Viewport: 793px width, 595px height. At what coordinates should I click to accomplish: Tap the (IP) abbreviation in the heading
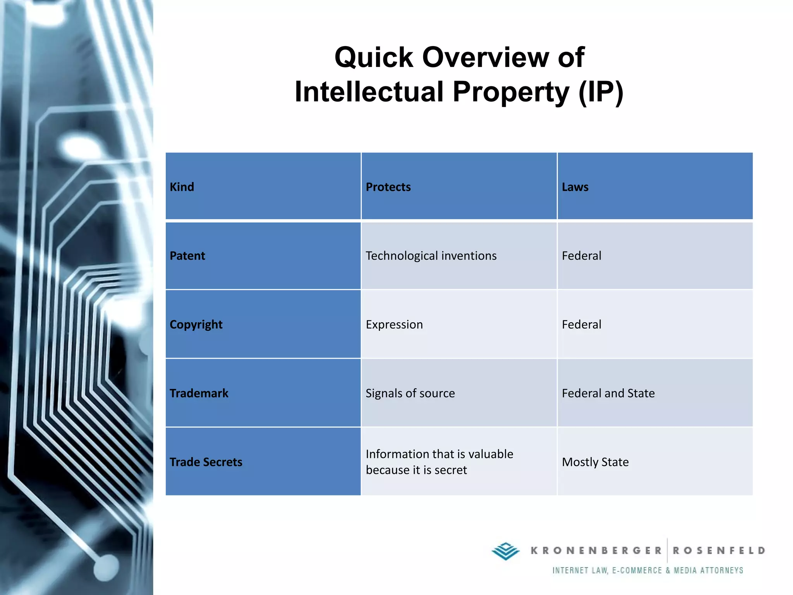(x=601, y=92)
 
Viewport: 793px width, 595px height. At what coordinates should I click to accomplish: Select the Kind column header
(x=182, y=187)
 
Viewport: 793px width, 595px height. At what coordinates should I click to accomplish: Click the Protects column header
(x=388, y=187)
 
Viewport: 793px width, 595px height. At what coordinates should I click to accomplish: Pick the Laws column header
(x=575, y=187)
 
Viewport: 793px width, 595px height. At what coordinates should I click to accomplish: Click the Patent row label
(x=187, y=256)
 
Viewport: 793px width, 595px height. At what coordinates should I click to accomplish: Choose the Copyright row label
(x=196, y=324)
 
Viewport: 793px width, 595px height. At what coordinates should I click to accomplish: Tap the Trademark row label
(x=199, y=393)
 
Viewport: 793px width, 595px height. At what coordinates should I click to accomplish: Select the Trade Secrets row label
(x=206, y=462)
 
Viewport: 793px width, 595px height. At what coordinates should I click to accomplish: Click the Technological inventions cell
(x=431, y=256)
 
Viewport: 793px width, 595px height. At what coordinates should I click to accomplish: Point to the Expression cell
(x=394, y=324)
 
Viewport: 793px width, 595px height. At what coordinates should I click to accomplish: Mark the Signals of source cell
(x=410, y=393)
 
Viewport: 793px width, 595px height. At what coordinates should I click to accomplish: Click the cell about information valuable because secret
(x=439, y=462)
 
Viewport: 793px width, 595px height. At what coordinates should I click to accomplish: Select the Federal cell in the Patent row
(x=581, y=256)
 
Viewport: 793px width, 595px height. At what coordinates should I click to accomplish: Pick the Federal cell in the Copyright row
(x=581, y=324)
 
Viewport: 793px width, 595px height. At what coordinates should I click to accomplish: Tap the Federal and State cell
(x=608, y=393)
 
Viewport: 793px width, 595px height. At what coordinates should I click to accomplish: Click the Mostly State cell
(x=595, y=462)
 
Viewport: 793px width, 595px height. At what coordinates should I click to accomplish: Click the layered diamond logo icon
(x=505, y=551)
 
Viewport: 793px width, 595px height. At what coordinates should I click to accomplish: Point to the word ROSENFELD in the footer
(x=719, y=550)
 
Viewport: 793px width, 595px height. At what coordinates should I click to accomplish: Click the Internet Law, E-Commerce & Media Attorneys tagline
(x=647, y=570)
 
